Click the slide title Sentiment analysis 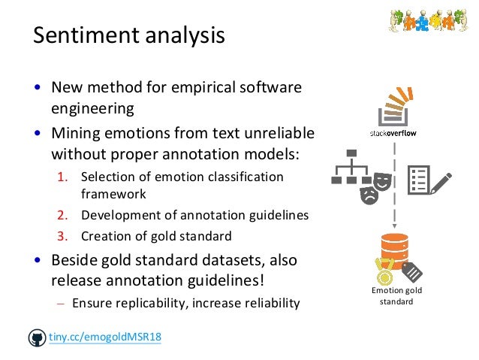coord(128,35)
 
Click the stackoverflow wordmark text coord(393,133)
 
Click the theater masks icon coord(373,186)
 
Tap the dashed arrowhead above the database coord(394,225)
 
